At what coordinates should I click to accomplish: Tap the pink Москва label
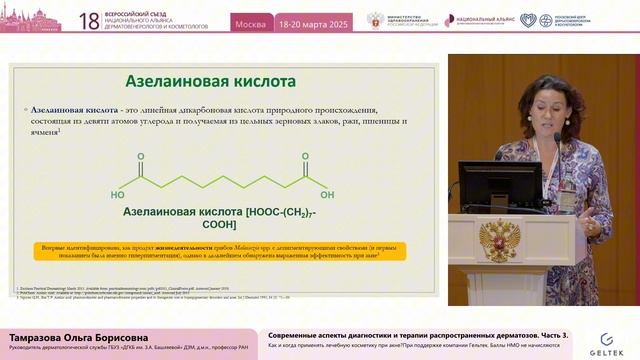click(x=250, y=21)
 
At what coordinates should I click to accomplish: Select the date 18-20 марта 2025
click(x=313, y=21)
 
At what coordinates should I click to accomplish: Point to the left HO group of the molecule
click(x=118, y=195)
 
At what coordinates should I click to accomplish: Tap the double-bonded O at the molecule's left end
click(x=140, y=157)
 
